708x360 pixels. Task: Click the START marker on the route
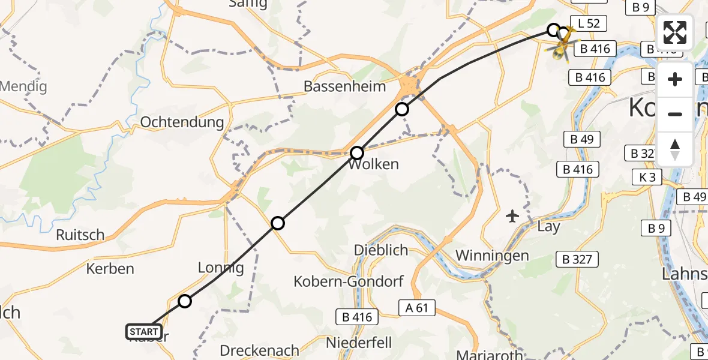144,331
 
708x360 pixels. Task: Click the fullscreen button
675,32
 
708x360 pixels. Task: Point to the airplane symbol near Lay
512,215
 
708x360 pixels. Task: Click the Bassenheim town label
344,86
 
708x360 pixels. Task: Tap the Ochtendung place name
182,122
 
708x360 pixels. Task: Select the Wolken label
373,164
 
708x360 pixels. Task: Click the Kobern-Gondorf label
349,281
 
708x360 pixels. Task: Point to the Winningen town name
492,256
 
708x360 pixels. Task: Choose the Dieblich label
380,250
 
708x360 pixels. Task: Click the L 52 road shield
589,24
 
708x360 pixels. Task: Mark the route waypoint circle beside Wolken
357,153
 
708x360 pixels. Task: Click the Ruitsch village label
80,235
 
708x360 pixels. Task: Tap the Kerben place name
110,268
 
